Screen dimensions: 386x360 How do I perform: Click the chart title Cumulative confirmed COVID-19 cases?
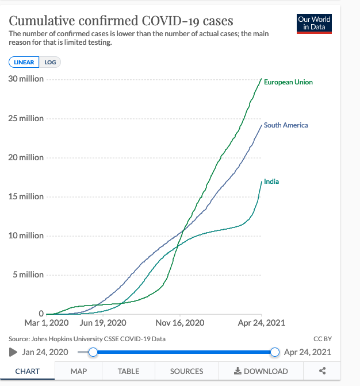click(121, 21)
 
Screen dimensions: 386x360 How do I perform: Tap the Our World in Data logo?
click(315, 23)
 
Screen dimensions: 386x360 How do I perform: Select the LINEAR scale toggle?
click(24, 63)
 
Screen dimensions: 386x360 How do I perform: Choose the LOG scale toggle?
click(51, 63)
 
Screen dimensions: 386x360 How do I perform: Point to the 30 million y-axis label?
click(26, 79)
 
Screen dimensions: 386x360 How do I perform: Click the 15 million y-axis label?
click(26, 196)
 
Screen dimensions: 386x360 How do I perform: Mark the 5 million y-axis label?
click(28, 275)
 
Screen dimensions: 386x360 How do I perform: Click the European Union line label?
click(288, 82)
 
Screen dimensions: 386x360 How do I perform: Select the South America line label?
click(286, 125)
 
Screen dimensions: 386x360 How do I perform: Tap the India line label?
click(271, 182)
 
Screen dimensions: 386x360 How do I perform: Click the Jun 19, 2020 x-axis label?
click(103, 323)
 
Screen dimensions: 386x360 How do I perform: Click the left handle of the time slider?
click(93, 352)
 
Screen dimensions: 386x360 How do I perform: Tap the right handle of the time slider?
click(274, 352)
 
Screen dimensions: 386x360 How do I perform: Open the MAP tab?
click(79, 371)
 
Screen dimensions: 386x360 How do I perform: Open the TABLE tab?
click(128, 371)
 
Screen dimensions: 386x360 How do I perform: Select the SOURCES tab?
click(187, 371)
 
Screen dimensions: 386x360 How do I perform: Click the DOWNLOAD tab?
click(261, 371)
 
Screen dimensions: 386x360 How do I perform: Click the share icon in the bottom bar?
click(322, 371)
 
